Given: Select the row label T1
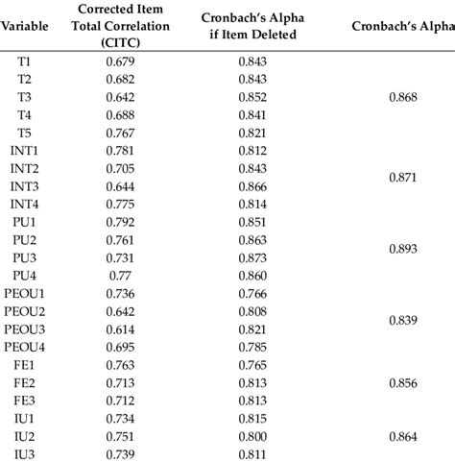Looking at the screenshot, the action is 24,61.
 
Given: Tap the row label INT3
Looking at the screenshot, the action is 24,185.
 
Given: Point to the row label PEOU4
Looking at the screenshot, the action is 24,346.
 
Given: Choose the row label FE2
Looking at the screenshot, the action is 24,382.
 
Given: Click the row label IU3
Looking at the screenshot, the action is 24,453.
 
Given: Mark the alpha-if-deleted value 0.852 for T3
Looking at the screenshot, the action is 252,97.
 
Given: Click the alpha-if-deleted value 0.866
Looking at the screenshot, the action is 252,185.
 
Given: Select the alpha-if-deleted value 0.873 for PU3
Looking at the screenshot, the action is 252,257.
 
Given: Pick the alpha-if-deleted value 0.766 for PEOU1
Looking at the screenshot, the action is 252,293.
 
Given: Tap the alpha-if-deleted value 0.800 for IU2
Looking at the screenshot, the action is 252,435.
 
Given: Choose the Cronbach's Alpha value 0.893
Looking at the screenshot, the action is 403,249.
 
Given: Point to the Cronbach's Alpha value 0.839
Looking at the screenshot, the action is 403,320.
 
